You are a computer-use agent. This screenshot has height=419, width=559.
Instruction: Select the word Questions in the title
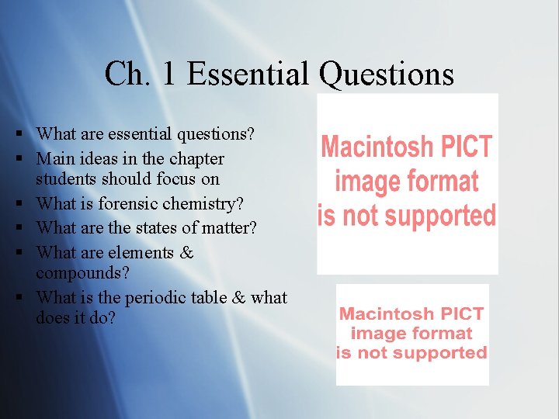coord(386,74)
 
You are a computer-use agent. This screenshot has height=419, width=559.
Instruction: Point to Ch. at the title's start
coord(129,74)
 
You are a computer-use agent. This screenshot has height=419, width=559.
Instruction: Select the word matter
coord(226,228)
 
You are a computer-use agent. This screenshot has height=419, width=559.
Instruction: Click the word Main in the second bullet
coord(54,159)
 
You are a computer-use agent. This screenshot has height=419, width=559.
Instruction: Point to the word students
coord(61,179)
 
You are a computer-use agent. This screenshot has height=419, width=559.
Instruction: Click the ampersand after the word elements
coord(186,252)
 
